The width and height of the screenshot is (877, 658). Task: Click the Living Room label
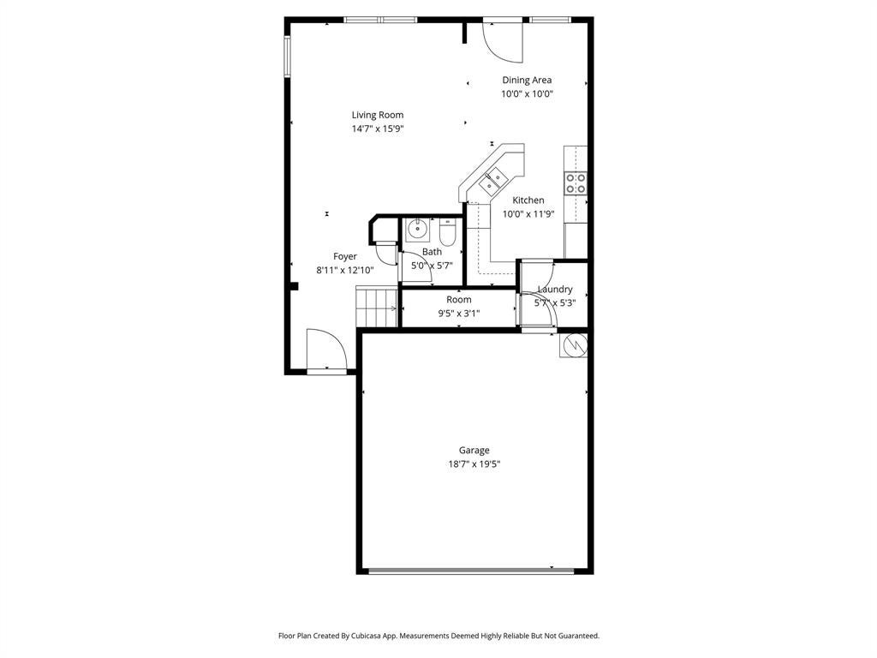(x=378, y=116)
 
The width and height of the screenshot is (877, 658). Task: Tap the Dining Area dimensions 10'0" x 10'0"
(x=527, y=94)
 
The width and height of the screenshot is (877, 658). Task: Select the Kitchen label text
(x=528, y=200)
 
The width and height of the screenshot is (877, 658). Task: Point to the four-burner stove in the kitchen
(x=576, y=183)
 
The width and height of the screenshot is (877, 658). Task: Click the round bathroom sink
(x=417, y=229)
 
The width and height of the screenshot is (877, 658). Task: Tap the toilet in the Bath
(x=448, y=231)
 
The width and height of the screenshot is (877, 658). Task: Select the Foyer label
(x=345, y=256)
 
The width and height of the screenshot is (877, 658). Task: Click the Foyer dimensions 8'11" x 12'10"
(x=345, y=270)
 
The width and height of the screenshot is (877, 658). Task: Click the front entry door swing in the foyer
(x=327, y=350)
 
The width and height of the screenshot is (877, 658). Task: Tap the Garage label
(x=474, y=450)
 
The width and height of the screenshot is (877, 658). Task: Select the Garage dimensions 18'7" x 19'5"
(x=474, y=464)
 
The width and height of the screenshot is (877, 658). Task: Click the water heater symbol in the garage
(x=573, y=344)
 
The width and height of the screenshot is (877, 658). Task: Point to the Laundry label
(x=555, y=290)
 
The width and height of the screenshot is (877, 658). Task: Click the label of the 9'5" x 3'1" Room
(x=459, y=299)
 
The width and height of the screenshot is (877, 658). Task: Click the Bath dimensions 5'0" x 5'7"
(x=432, y=266)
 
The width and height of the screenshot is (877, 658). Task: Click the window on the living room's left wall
(x=287, y=56)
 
